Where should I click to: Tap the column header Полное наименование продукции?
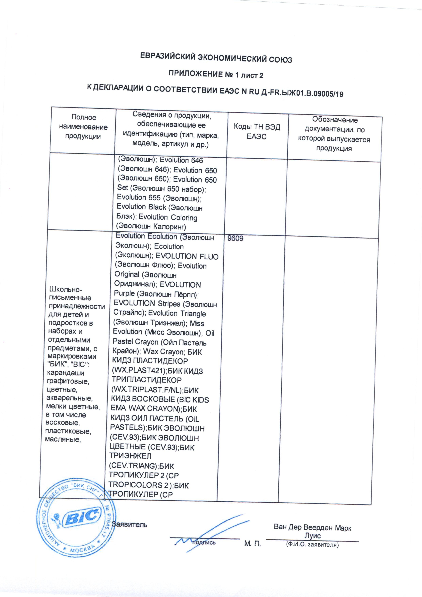click(x=83, y=127)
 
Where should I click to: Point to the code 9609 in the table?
click(x=235, y=238)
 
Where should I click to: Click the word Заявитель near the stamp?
click(x=129, y=525)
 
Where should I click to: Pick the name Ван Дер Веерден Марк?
click(x=313, y=528)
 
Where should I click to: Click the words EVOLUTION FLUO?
click(x=187, y=256)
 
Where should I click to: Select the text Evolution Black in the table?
click(x=141, y=207)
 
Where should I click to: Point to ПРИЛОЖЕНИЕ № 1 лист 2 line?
click(x=216, y=75)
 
